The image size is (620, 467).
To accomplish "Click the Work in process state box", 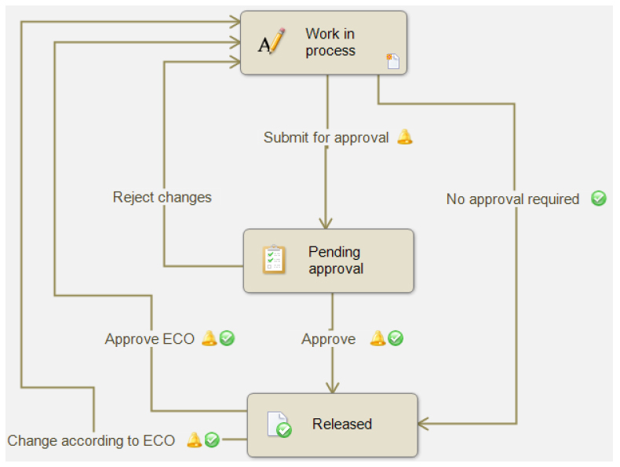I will coord(323,43).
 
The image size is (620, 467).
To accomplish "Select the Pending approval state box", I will coord(328,261).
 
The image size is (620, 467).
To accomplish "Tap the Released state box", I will coord(332,425).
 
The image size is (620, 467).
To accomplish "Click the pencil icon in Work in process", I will coord(271,41).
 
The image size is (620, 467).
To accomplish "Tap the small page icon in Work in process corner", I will coord(392,61).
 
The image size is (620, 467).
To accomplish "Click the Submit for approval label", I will coord(326,137).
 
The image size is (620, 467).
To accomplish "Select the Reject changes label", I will coord(162,197).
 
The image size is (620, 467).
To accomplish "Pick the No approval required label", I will coord(512,199).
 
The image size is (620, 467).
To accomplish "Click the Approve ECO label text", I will coord(150,339).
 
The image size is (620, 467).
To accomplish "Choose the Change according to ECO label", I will coord(91,440).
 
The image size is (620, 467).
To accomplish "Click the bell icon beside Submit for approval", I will coord(404,137).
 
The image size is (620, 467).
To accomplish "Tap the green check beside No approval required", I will coord(598,199).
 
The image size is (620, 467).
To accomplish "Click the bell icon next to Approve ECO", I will coord(209,338).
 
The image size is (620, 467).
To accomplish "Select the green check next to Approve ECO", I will coord(227,338).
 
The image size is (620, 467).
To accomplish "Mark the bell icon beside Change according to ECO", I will coord(194,440).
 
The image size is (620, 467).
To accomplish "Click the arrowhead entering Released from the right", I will coord(423,425).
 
